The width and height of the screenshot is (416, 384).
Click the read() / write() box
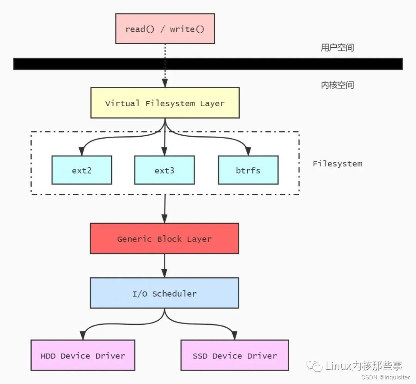[x=165, y=29]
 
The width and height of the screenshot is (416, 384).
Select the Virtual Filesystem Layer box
[x=165, y=103]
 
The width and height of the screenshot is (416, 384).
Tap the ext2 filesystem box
[x=82, y=170]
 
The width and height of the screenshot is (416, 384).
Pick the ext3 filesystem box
[x=164, y=170]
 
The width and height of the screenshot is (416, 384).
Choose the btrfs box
[x=248, y=170]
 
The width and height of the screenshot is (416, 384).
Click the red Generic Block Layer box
[x=164, y=238]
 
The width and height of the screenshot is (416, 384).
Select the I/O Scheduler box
[x=164, y=293]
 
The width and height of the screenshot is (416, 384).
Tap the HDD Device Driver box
[x=83, y=355]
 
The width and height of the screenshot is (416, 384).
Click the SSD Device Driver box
[x=235, y=355]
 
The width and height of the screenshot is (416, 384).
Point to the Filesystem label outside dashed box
[x=337, y=164]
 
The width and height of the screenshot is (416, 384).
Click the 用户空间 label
[x=337, y=48]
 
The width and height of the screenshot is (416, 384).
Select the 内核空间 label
[x=337, y=85]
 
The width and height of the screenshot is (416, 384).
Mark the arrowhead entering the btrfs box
[x=248, y=152]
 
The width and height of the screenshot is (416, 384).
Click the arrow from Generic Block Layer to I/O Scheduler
[x=164, y=266]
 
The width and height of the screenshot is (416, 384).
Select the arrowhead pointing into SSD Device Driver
[x=235, y=336]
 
